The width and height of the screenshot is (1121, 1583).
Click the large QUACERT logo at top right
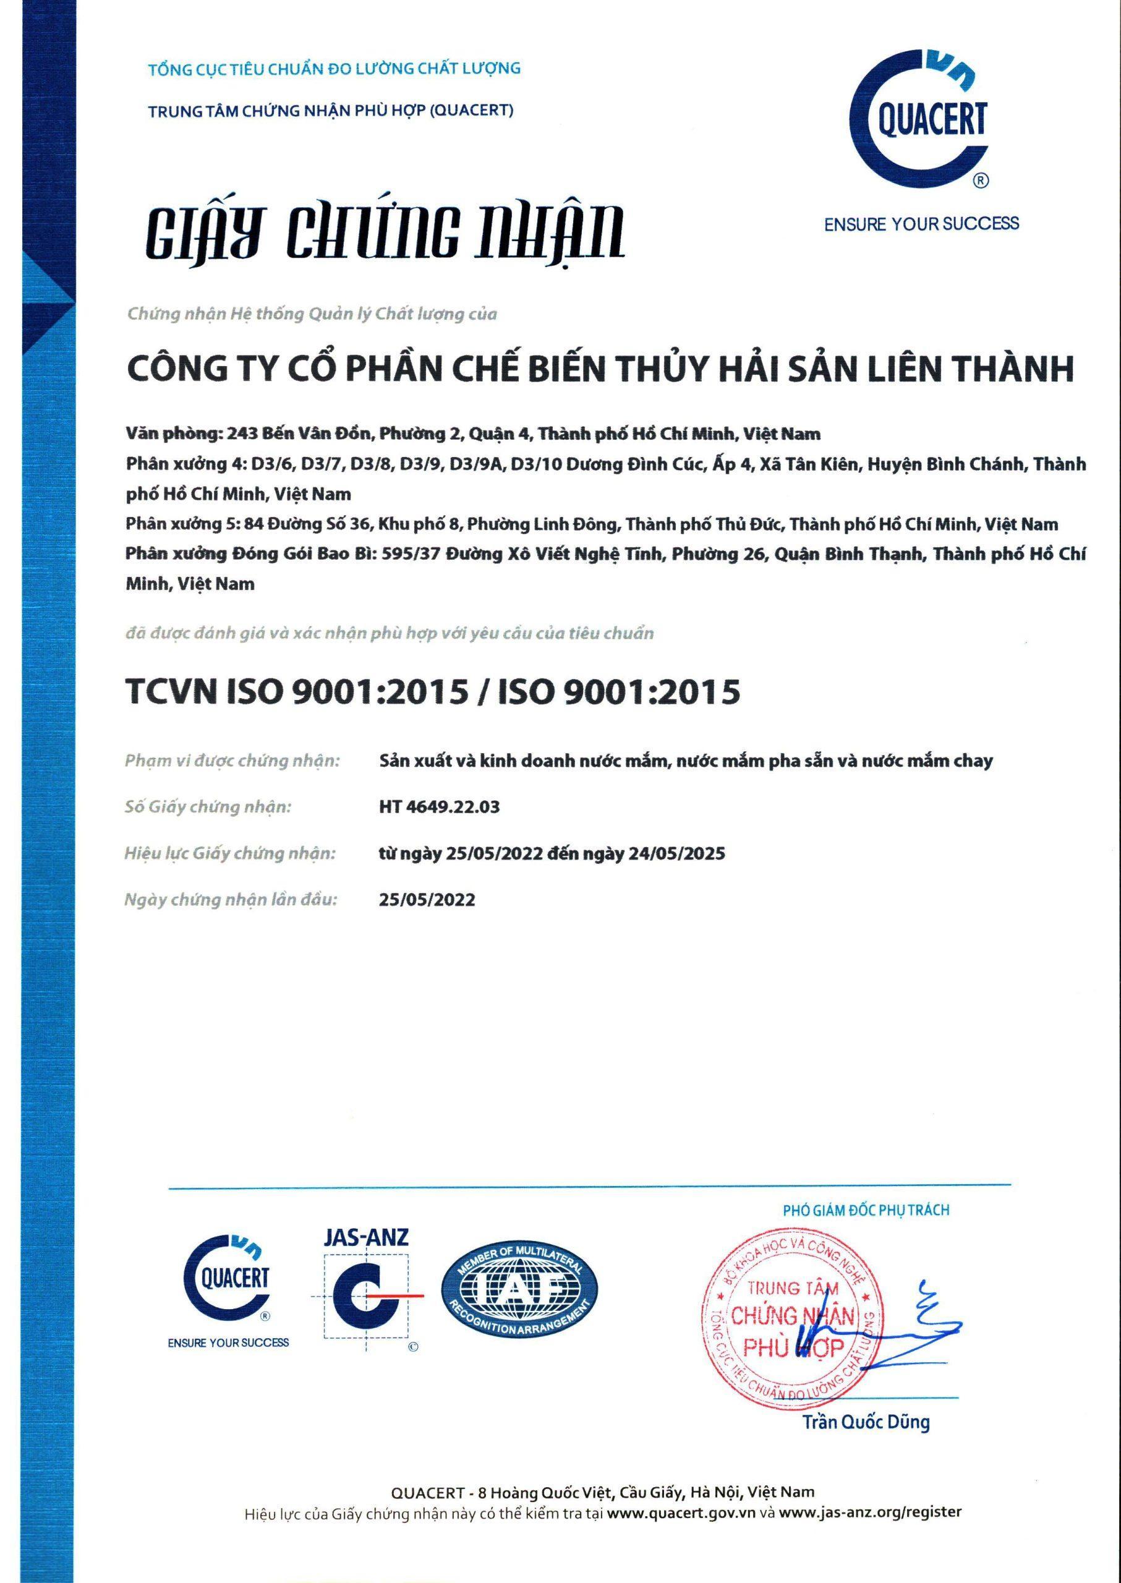919,123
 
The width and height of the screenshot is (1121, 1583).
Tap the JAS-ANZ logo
367,1287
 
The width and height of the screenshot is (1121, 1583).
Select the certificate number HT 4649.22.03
439,806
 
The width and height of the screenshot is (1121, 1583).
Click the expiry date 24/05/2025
676,853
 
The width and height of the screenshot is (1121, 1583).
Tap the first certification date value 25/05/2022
427,900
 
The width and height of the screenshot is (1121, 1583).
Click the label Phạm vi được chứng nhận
232,761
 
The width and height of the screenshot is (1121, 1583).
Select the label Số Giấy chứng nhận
208,806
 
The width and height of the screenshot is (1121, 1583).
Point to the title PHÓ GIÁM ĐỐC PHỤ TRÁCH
866,1210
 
